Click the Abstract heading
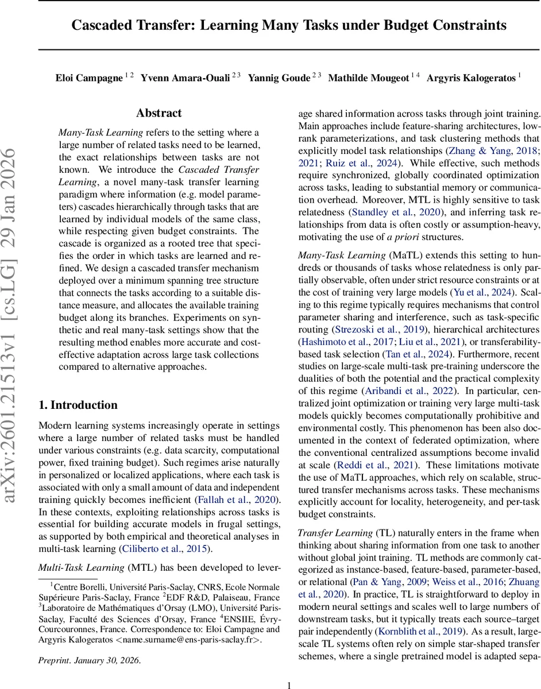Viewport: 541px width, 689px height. tap(159, 113)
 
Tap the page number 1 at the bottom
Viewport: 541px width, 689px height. tap(289, 684)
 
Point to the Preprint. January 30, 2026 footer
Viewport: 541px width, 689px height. tap(89, 660)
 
